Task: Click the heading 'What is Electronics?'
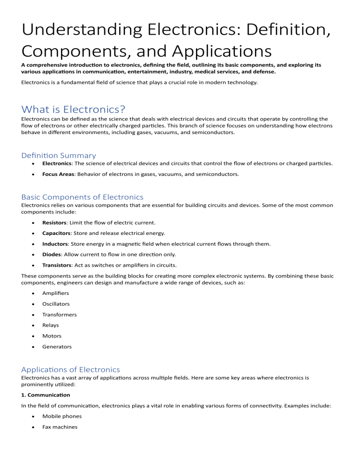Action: (x=73, y=109)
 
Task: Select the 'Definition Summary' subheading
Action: (x=59, y=155)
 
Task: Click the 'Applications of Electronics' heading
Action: (x=70, y=369)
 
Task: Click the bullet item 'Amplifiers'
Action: (x=56, y=293)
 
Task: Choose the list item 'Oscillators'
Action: (x=56, y=304)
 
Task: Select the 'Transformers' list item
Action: (x=59, y=315)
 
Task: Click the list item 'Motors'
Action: (x=52, y=336)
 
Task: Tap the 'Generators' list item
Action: (x=57, y=346)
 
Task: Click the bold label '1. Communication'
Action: (x=46, y=395)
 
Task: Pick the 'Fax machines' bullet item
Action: (x=60, y=427)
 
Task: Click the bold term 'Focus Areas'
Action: (x=59, y=174)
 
